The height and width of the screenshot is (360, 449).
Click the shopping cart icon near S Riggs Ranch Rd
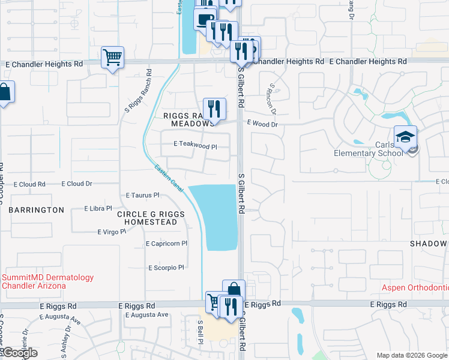112,58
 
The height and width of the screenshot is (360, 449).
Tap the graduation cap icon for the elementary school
405,136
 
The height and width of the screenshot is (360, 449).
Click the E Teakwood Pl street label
194,145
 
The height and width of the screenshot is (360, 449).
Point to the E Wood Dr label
262,124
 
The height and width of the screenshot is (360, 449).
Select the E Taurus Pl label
142,195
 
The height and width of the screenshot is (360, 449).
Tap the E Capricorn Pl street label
167,244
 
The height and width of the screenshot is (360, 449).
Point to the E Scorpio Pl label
164,268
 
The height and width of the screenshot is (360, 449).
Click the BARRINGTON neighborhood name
36,210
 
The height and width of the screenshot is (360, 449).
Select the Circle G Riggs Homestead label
147,218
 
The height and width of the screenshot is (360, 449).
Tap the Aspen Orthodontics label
415,287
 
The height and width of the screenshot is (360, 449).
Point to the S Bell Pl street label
200,331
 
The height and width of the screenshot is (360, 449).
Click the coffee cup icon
204,19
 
